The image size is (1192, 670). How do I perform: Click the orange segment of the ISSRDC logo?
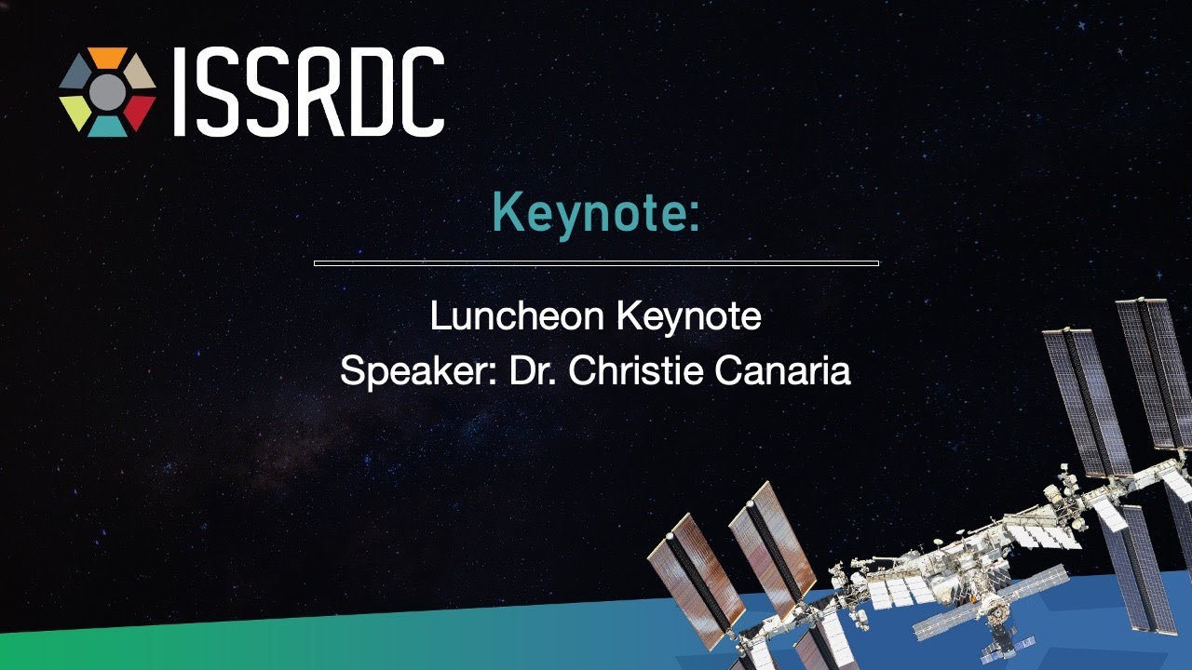coord(107,57)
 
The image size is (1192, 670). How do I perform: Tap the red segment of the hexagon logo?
coord(140,113)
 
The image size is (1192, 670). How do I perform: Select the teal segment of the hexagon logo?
coord(107,127)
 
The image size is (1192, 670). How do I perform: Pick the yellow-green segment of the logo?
coord(75,113)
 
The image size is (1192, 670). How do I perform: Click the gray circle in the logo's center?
coord(107,92)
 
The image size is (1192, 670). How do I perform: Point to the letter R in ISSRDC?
coord(318,91)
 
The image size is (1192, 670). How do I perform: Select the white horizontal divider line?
coord(596,262)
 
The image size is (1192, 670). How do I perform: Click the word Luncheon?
coord(517,315)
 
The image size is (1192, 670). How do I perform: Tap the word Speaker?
coord(418,371)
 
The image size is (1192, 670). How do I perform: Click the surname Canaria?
coord(783,370)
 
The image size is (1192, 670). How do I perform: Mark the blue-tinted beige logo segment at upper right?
coord(140,72)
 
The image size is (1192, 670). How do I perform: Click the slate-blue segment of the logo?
coord(75,72)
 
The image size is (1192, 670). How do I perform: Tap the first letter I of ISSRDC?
coord(180,91)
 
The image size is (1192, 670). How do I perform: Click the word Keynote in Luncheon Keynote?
coord(689,317)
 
